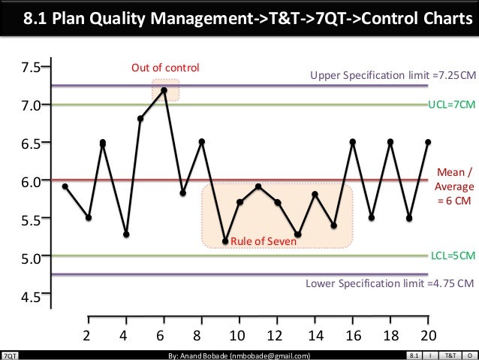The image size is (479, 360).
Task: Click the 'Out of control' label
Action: coord(165,68)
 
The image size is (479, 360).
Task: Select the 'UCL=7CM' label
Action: coord(450,106)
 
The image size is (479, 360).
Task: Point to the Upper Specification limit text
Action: coord(393,76)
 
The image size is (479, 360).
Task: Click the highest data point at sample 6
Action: coord(164,90)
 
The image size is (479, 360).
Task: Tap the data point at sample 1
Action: coord(65,186)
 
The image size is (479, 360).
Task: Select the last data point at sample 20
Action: coord(427,141)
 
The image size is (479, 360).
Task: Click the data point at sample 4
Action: coord(125,234)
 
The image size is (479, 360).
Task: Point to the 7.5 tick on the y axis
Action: coord(31,67)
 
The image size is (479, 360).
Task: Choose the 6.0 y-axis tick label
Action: coord(31,181)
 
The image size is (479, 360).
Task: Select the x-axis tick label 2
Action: coord(88,335)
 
